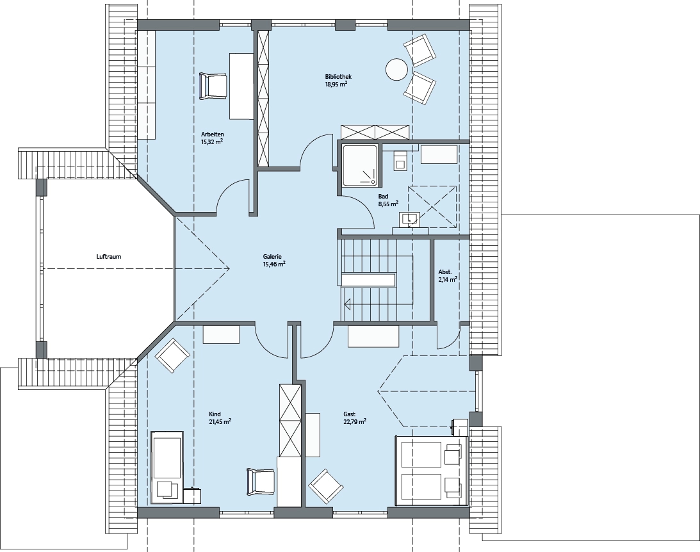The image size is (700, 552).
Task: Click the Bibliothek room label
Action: coord(338,77)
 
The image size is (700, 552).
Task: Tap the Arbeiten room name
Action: coord(213,134)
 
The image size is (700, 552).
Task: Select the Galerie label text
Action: coord(272,257)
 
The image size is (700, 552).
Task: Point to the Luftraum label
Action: coord(108,257)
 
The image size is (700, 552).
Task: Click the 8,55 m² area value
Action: coord(388,204)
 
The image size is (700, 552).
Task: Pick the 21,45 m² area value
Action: coord(220,421)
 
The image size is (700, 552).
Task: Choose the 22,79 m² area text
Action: coord(355,421)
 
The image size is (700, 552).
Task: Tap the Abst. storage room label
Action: coord(445,272)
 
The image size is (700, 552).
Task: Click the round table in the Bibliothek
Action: coord(396,70)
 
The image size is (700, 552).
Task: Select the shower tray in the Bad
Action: coord(361,165)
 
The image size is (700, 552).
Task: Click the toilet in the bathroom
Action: coord(400,159)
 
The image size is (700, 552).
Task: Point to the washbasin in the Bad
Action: coord(410,218)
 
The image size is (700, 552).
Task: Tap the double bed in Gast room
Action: coord(431,471)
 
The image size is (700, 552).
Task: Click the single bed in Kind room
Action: coord(167,467)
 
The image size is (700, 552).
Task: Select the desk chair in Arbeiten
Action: coord(213,86)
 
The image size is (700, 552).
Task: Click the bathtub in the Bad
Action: coord(439,154)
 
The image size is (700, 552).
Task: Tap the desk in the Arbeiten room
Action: coord(241,86)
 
